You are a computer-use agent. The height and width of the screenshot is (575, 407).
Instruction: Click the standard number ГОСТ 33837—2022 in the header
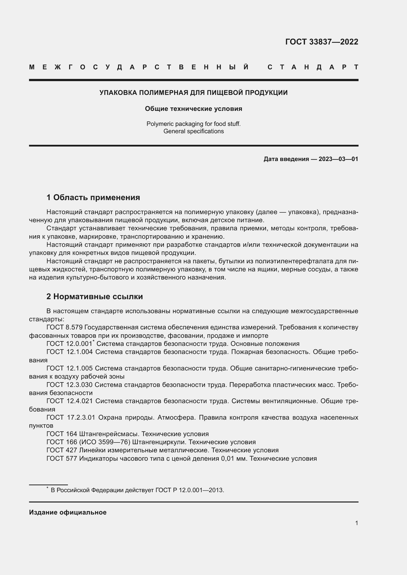(x=322, y=42)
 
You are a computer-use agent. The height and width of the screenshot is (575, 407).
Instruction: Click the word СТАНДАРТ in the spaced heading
(x=313, y=67)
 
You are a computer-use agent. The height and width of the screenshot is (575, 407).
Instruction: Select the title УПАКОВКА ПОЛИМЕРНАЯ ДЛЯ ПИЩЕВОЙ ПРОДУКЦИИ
(x=193, y=93)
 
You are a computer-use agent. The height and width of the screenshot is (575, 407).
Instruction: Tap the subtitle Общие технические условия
(x=193, y=109)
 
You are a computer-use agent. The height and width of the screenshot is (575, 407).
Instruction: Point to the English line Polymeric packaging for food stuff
(x=193, y=124)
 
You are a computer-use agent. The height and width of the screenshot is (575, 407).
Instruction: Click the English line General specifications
(x=193, y=131)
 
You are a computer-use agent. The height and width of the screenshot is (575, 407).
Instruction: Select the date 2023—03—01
(x=338, y=159)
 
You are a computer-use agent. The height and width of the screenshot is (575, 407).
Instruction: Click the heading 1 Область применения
(x=93, y=197)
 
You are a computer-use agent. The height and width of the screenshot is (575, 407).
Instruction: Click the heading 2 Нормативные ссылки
(x=94, y=296)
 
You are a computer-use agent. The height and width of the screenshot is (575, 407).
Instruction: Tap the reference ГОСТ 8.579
(x=64, y=327)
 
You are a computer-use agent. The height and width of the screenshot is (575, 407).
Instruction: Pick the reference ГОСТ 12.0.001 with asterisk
(x=69, y=344)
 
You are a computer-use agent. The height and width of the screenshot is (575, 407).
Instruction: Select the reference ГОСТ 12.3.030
(x=69, y=385)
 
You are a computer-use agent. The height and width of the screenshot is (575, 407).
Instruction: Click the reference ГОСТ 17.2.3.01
(x=71, y=417)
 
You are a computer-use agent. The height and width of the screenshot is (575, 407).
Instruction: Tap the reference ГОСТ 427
(x=62, y=450)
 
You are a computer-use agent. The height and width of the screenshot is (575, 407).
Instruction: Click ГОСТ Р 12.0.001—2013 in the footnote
(x=189, y=490)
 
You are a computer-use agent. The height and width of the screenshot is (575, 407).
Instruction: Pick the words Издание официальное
(x=68, y=512)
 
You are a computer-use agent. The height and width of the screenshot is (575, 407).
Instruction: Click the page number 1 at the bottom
(x=356, y=523)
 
